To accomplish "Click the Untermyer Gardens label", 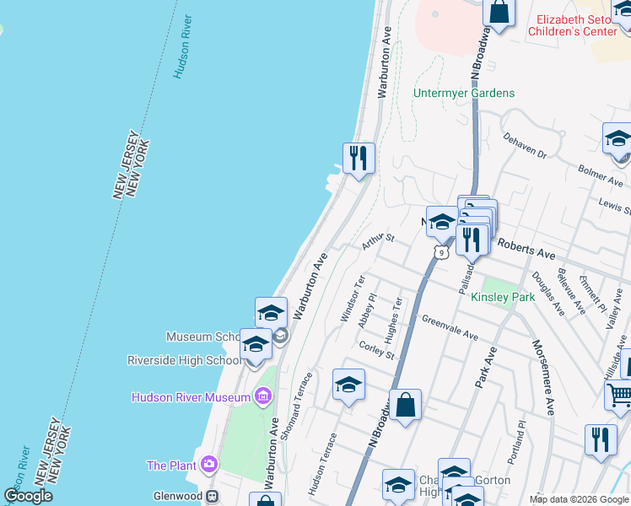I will (464, 93).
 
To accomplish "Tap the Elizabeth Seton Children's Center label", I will (579, 24).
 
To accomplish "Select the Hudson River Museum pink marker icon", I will (262, 396).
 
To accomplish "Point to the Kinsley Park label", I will (504, 298).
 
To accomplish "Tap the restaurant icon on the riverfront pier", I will (359, 157).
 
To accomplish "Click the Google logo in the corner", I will (29, 496).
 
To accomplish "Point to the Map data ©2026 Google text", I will (579, 499).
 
